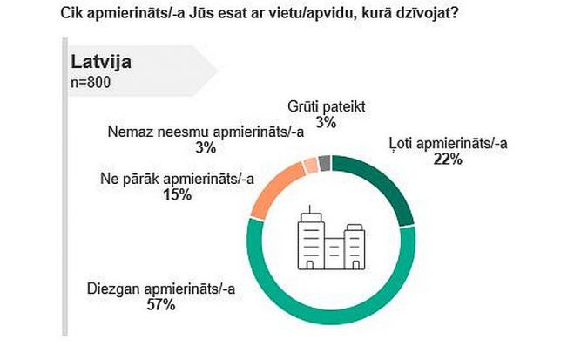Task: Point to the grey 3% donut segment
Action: coord(324,162)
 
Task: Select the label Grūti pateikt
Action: coord(326,108)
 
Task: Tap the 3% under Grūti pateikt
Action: coord(327,123)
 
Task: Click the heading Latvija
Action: coord(105,65)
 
